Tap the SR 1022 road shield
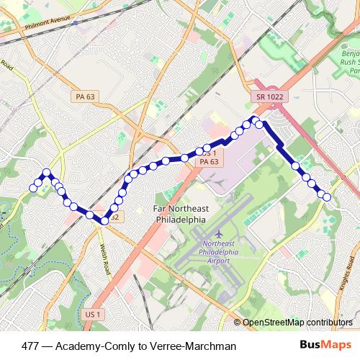[x=268, y=96]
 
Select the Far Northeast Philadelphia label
[x=181, y=215]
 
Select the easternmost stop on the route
[x=327, y=197]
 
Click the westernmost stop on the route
[x=33, y=189]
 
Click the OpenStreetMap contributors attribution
[x=297, y=322]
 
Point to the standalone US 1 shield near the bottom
[x=91, y=314]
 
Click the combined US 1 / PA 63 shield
[x=209, y=158]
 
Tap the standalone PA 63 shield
[x=84, y=96]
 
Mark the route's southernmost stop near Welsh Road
[x=104, y=220]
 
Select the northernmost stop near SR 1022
[x=254, y=119]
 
